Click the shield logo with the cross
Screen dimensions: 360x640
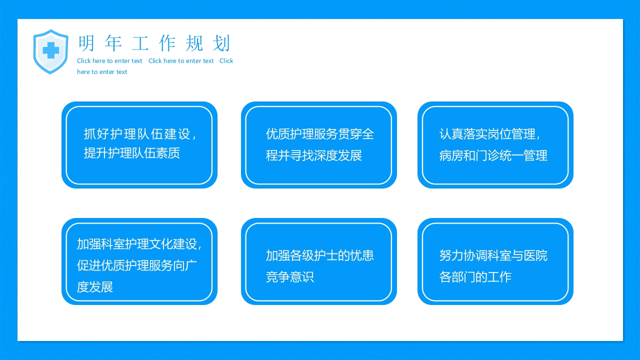pos(50,51)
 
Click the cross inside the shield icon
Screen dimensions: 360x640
pos(50,50)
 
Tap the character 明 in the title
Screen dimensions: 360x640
pos(86,44)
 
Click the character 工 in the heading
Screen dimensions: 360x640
pos(140,44)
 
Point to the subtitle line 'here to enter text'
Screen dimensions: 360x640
pos(102,72)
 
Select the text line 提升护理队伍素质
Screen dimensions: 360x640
pos(132,153)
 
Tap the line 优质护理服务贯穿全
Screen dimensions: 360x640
pos(319,134)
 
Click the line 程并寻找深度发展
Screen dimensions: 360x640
pos(313,155)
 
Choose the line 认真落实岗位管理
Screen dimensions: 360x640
pos(490,134)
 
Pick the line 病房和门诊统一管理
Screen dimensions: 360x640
pos(493,155)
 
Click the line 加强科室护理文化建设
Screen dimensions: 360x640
pos(139,244)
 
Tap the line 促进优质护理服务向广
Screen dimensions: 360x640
pos(137,265)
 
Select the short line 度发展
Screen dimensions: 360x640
pos(95,287)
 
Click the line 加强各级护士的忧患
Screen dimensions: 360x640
pos(319,255)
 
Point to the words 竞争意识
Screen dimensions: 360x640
pos(290,277)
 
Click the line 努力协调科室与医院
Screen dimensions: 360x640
pos(493,255)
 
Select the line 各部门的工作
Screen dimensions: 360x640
pos(475,277)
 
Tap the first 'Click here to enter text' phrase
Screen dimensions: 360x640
pos(109,61)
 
